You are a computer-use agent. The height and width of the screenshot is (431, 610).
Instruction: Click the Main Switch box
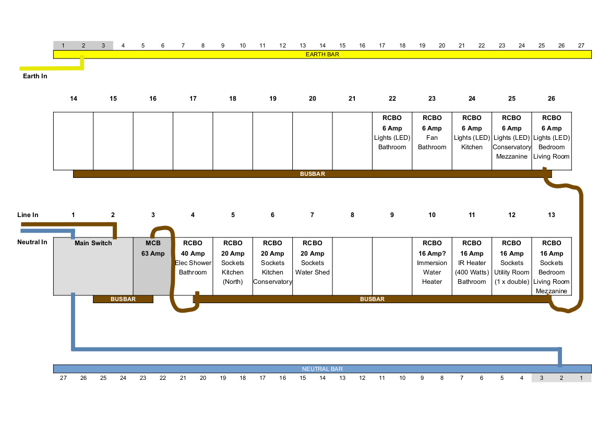point(93,267)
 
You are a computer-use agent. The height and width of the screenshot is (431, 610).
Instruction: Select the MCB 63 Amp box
point(152,267)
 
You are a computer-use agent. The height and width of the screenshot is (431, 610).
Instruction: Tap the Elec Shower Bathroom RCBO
point(193,267)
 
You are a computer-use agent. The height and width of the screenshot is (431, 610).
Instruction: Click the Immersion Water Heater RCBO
point(432,267)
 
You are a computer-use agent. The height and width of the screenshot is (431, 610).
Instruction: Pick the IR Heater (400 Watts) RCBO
point(472,267)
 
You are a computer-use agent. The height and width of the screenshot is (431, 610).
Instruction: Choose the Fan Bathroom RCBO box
point(432,141)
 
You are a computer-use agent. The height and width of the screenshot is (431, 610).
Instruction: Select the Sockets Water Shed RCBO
point(313,267)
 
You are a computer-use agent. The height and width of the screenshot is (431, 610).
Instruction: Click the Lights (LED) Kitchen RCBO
point(472,141)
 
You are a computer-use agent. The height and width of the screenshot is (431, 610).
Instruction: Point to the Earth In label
point(35,76)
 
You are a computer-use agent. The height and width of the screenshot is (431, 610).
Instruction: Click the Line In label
point(28,215)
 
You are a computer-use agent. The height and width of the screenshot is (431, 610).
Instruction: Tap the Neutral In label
point(32,242)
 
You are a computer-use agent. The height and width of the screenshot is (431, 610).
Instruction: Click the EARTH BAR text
point(322,54)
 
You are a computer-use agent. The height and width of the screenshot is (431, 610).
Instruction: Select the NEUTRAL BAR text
point(322,369)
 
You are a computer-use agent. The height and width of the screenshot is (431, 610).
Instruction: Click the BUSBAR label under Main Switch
point(123,299)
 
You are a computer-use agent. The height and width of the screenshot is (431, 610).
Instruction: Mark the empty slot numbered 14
point(74,141)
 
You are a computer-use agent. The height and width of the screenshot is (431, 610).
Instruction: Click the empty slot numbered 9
point(392,267)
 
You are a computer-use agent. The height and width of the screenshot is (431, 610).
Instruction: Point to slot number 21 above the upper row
point(352,99)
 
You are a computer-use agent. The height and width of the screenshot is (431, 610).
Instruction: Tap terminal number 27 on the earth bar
point(581,45)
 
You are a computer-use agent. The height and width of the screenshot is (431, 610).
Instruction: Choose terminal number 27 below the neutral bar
point(64,378)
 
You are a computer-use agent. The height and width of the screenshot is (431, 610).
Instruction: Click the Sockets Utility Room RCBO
point(511,267)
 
